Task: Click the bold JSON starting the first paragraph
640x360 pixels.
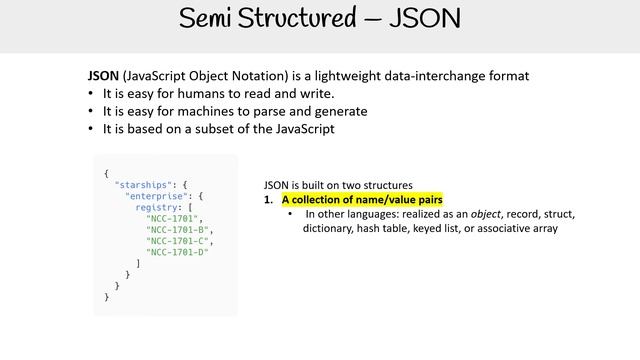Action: pyautogui.click(x=103, y=76)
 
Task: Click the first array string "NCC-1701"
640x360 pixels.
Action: pyautogui.click(x=174, y=218)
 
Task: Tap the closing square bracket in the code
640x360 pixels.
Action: pyautogui.click(x=138, y=263)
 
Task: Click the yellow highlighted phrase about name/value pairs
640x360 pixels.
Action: pyautogui.click(x=362, y=200)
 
